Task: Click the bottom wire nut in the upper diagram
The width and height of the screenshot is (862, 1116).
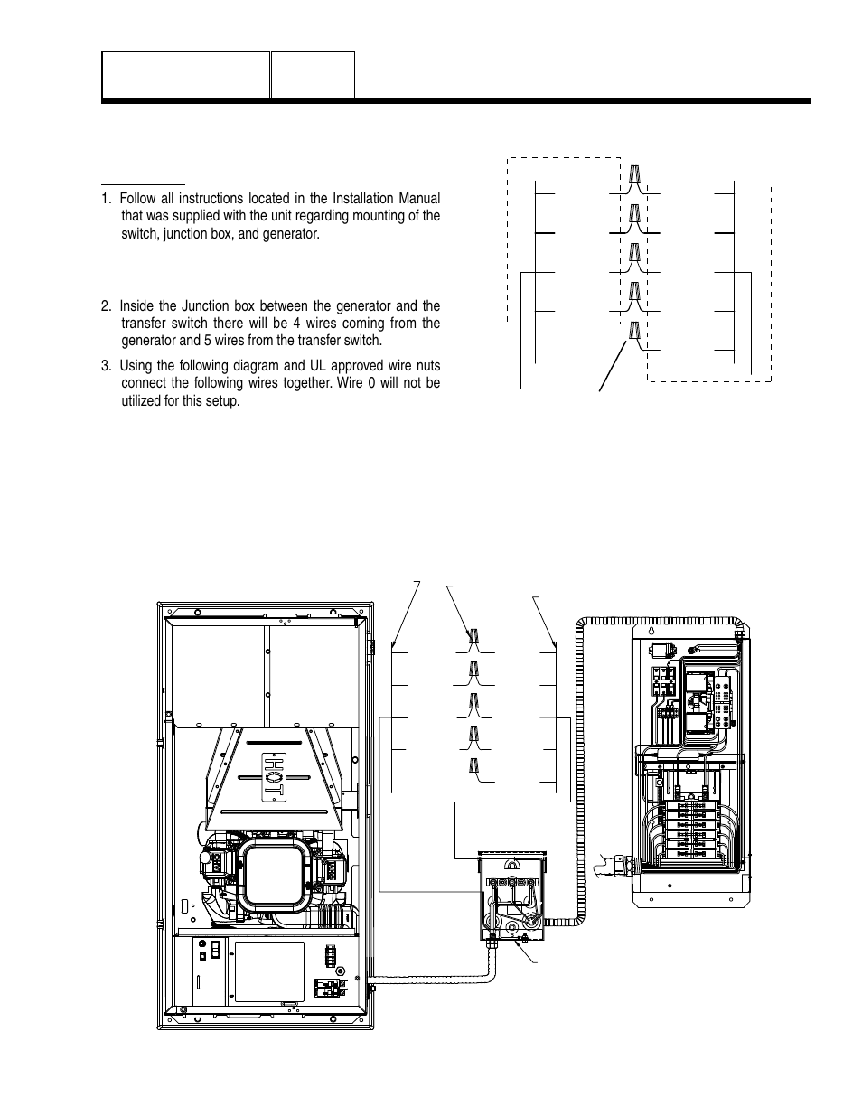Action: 635,331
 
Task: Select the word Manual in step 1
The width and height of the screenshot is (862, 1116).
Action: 417,199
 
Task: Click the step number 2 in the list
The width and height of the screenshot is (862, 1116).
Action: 106,305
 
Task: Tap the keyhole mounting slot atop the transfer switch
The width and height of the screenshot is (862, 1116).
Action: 651,631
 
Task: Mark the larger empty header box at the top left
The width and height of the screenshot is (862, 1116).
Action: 186,75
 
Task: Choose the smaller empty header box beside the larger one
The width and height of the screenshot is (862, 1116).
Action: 313,75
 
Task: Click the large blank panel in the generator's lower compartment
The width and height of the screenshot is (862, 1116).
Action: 268,971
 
